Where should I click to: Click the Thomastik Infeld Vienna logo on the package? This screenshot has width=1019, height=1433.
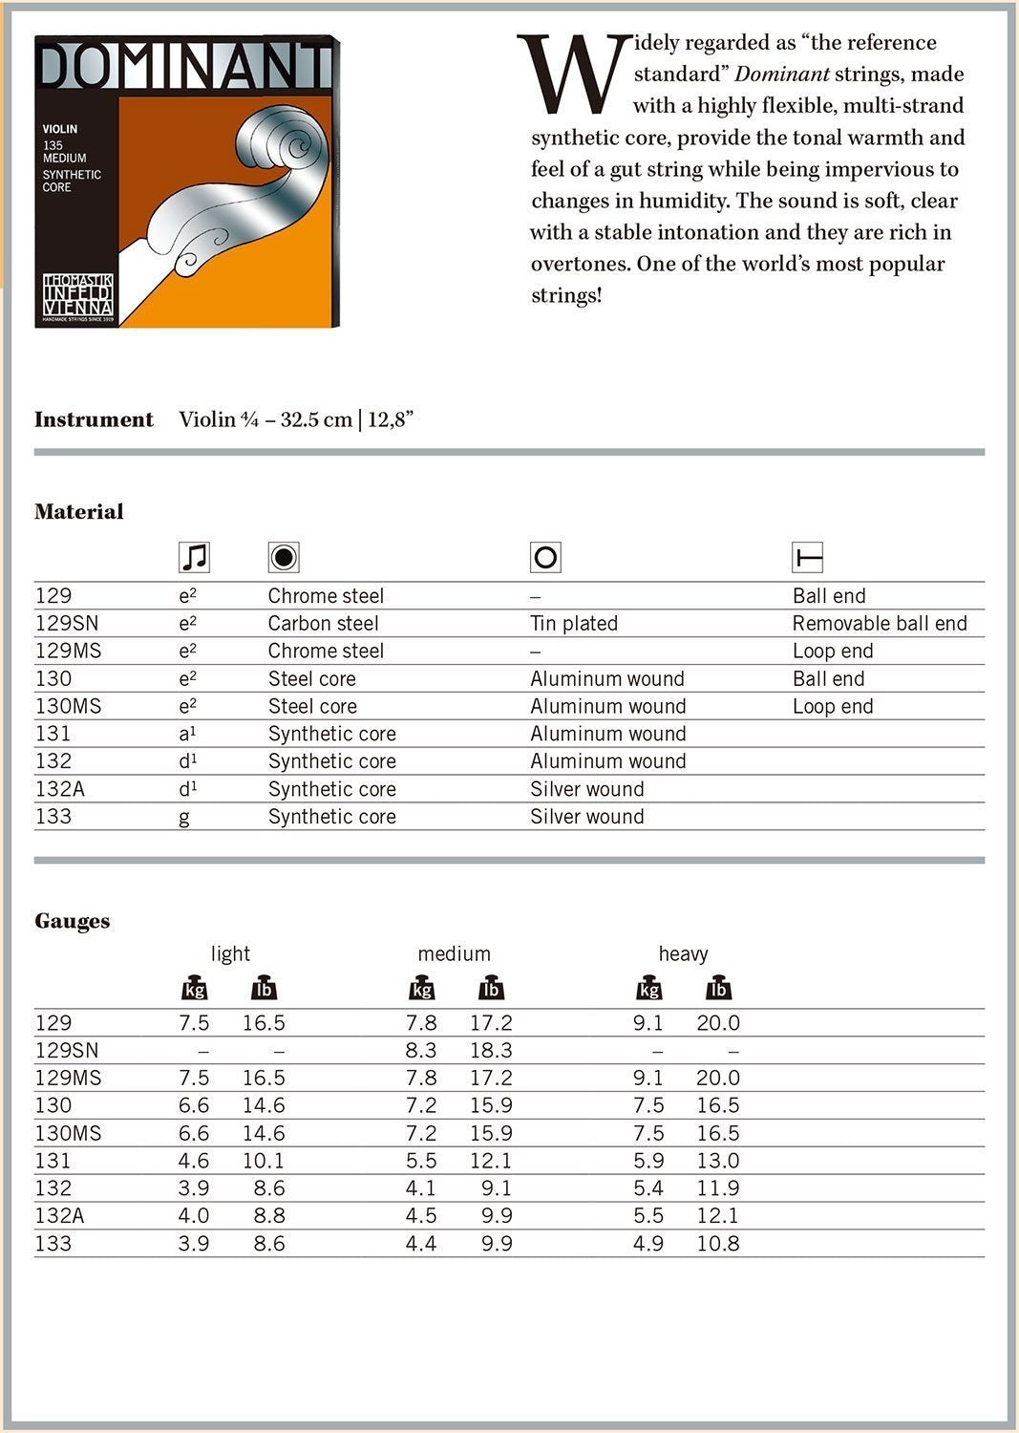click(77, 297)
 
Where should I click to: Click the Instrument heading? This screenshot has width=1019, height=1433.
click(94, 419)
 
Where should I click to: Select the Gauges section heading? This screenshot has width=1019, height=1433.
click(73, 921)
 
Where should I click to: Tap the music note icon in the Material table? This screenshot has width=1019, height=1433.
click(194, 557)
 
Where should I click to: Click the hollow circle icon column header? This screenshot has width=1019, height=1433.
click(545, 557)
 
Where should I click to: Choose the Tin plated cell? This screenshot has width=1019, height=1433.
click(574, 624)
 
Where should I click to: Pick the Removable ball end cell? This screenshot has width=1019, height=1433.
click(880, 624)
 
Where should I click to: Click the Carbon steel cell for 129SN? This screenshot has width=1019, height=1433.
click(323, 624)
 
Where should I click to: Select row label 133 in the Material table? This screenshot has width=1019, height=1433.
click(53, 817)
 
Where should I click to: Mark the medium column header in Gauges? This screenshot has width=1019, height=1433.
click(454, 953)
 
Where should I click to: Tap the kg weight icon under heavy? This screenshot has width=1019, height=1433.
click(649, 989)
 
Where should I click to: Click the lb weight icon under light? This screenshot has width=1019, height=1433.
click(264, 989)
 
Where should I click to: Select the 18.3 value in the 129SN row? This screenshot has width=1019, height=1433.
click(491, 1051)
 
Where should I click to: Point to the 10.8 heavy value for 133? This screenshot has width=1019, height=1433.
click(718, 1244)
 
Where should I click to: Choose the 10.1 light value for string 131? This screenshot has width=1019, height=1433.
click(264, 1161)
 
